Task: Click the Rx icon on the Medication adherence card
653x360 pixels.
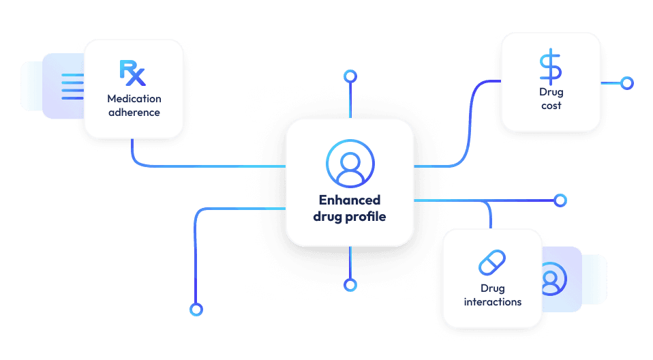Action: click(133, 72)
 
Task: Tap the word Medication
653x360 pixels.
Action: click(134, 99)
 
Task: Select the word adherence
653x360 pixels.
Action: click(134, 112)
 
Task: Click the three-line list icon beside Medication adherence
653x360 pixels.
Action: click(73, 87)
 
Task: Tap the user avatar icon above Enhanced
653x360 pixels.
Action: click(350, 164)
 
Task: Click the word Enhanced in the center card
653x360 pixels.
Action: click(350, 200)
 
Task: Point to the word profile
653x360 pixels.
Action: click(367, 217)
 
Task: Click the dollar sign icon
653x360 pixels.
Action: click(551, 67)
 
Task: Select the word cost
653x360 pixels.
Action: click(551, 106)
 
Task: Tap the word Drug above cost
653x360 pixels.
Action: click(551, 92)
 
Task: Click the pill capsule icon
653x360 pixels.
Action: click(492, 262)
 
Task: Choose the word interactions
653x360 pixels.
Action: click(493, 301)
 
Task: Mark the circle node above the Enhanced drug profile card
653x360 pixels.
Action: click(350, 74)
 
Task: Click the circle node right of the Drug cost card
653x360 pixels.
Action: click(626, 83)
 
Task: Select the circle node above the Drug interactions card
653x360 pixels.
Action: click(560, 200)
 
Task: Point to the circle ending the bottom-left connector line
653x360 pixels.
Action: click(196, 309)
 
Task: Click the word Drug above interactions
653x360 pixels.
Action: click(492, 288)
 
